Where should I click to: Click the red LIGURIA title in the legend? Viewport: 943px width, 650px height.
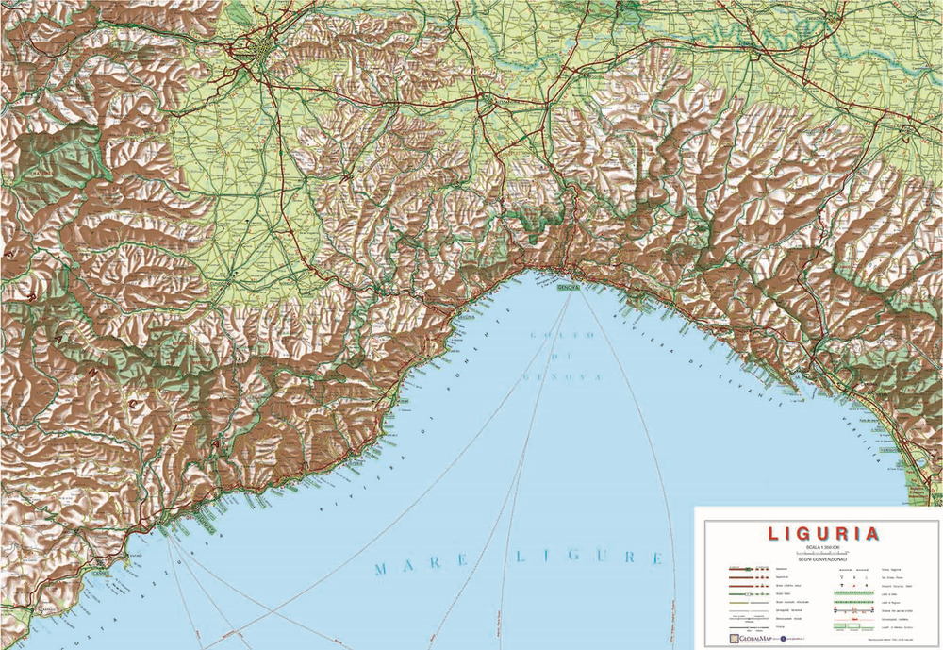coord(824,533)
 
